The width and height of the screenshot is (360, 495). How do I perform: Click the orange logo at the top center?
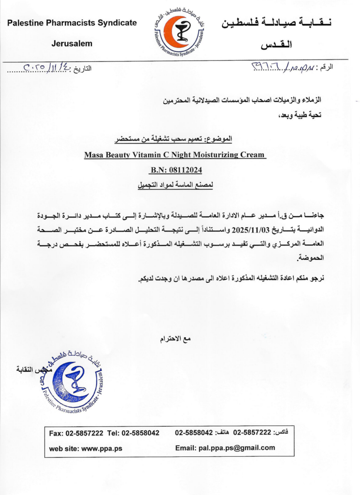(180, 31)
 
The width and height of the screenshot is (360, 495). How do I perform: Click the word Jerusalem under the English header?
(72, 44)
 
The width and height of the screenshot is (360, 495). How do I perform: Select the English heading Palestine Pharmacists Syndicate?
(72, 23)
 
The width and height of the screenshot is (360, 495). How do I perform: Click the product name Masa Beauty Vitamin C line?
(174, 155)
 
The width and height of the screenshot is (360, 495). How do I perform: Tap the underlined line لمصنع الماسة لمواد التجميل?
(175, 185)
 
